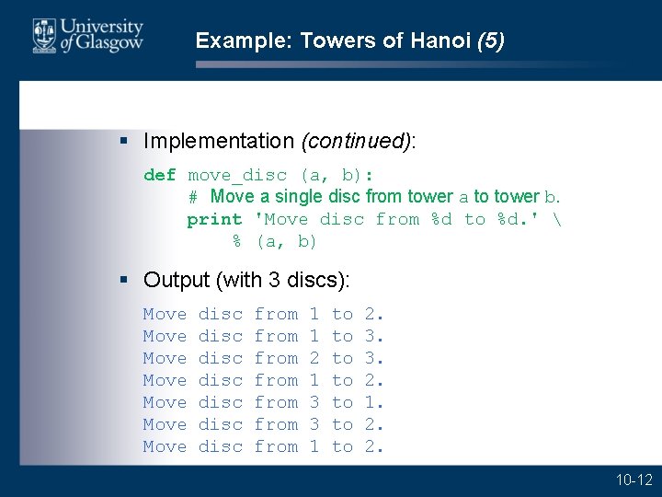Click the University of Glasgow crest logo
coord(43,36)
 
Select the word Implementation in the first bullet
coord(219,141)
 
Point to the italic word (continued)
coord(356,141)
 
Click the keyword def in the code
coord(159,175)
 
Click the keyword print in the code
coord(214,219)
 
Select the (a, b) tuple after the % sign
coord(286,241)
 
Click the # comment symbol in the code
coord(193,197)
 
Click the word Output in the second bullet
coord(177,280)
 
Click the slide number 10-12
coord(634,480)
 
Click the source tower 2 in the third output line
coord(314,358)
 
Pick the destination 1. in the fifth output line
coord(374,402)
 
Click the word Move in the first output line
coord(165,314)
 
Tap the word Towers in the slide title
coord(331,40)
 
